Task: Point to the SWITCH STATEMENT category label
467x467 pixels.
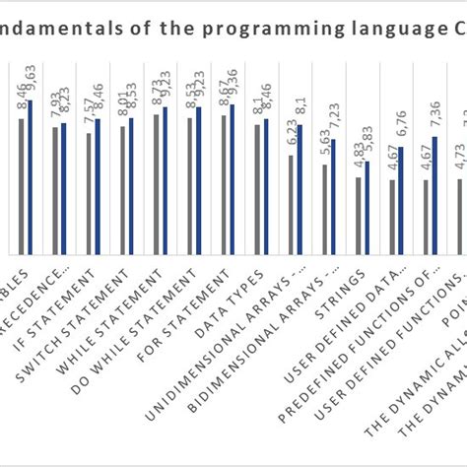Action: (x=93, y=301)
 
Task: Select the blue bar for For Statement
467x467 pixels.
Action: (x=232, y=177)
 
